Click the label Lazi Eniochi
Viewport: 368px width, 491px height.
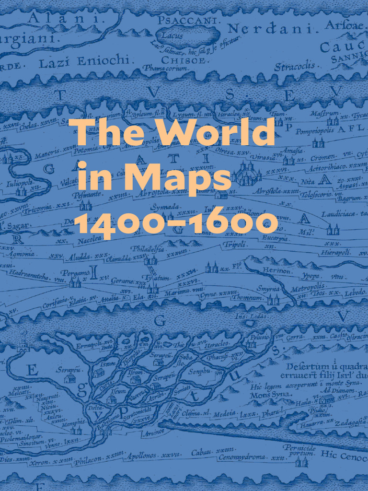coord(84,61)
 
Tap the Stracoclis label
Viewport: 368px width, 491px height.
coord(295,66)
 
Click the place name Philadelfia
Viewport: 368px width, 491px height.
coord(148,249)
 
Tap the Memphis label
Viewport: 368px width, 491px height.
coord(73,422)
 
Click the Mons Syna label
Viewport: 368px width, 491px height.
coord(264,396)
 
